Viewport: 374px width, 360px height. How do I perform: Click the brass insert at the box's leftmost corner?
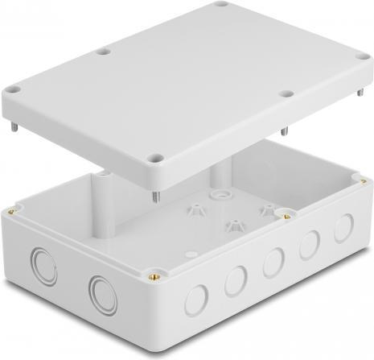coord(12,211)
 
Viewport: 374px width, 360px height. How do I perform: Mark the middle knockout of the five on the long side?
coord(273,263)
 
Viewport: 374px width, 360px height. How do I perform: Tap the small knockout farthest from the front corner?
coord(343,229)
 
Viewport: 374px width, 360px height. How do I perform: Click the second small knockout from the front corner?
coord(236,281)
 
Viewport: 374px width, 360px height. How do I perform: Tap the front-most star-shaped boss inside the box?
coord(233,226)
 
